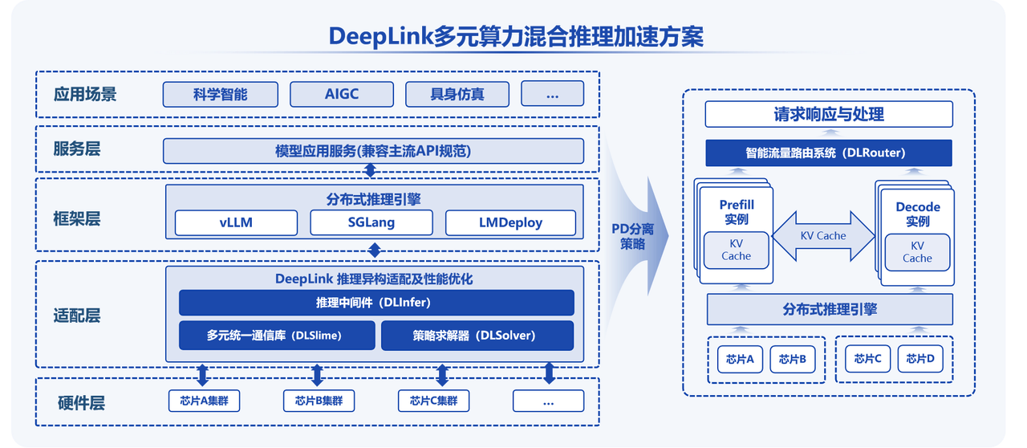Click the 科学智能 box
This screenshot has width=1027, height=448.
(x=221, y=94)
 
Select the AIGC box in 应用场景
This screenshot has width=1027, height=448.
(x=342, y=94)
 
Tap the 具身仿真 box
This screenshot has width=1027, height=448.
(x=457, y=94)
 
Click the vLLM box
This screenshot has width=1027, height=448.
(x=236, y=222)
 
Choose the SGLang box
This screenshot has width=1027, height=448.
(x=371, y=222)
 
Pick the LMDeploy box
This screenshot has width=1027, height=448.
(x=510, y=222)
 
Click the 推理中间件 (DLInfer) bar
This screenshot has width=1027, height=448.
(x=375, y=303)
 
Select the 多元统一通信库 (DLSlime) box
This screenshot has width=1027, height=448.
(x=276, y=336)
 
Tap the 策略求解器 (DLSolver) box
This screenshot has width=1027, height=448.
(x=477, y=336)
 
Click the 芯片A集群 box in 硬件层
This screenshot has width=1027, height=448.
(x=204, y=401)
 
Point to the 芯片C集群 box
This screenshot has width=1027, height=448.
(x=433, y=401)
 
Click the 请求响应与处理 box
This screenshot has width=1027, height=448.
(x=829, y=114)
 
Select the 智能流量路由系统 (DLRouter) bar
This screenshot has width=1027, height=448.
(x=829, y=153)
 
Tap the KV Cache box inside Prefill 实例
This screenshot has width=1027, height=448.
(x=736, y=250)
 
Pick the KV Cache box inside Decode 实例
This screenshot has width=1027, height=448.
(x=917, y=252)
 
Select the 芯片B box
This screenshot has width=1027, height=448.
(x=793, y=359)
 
